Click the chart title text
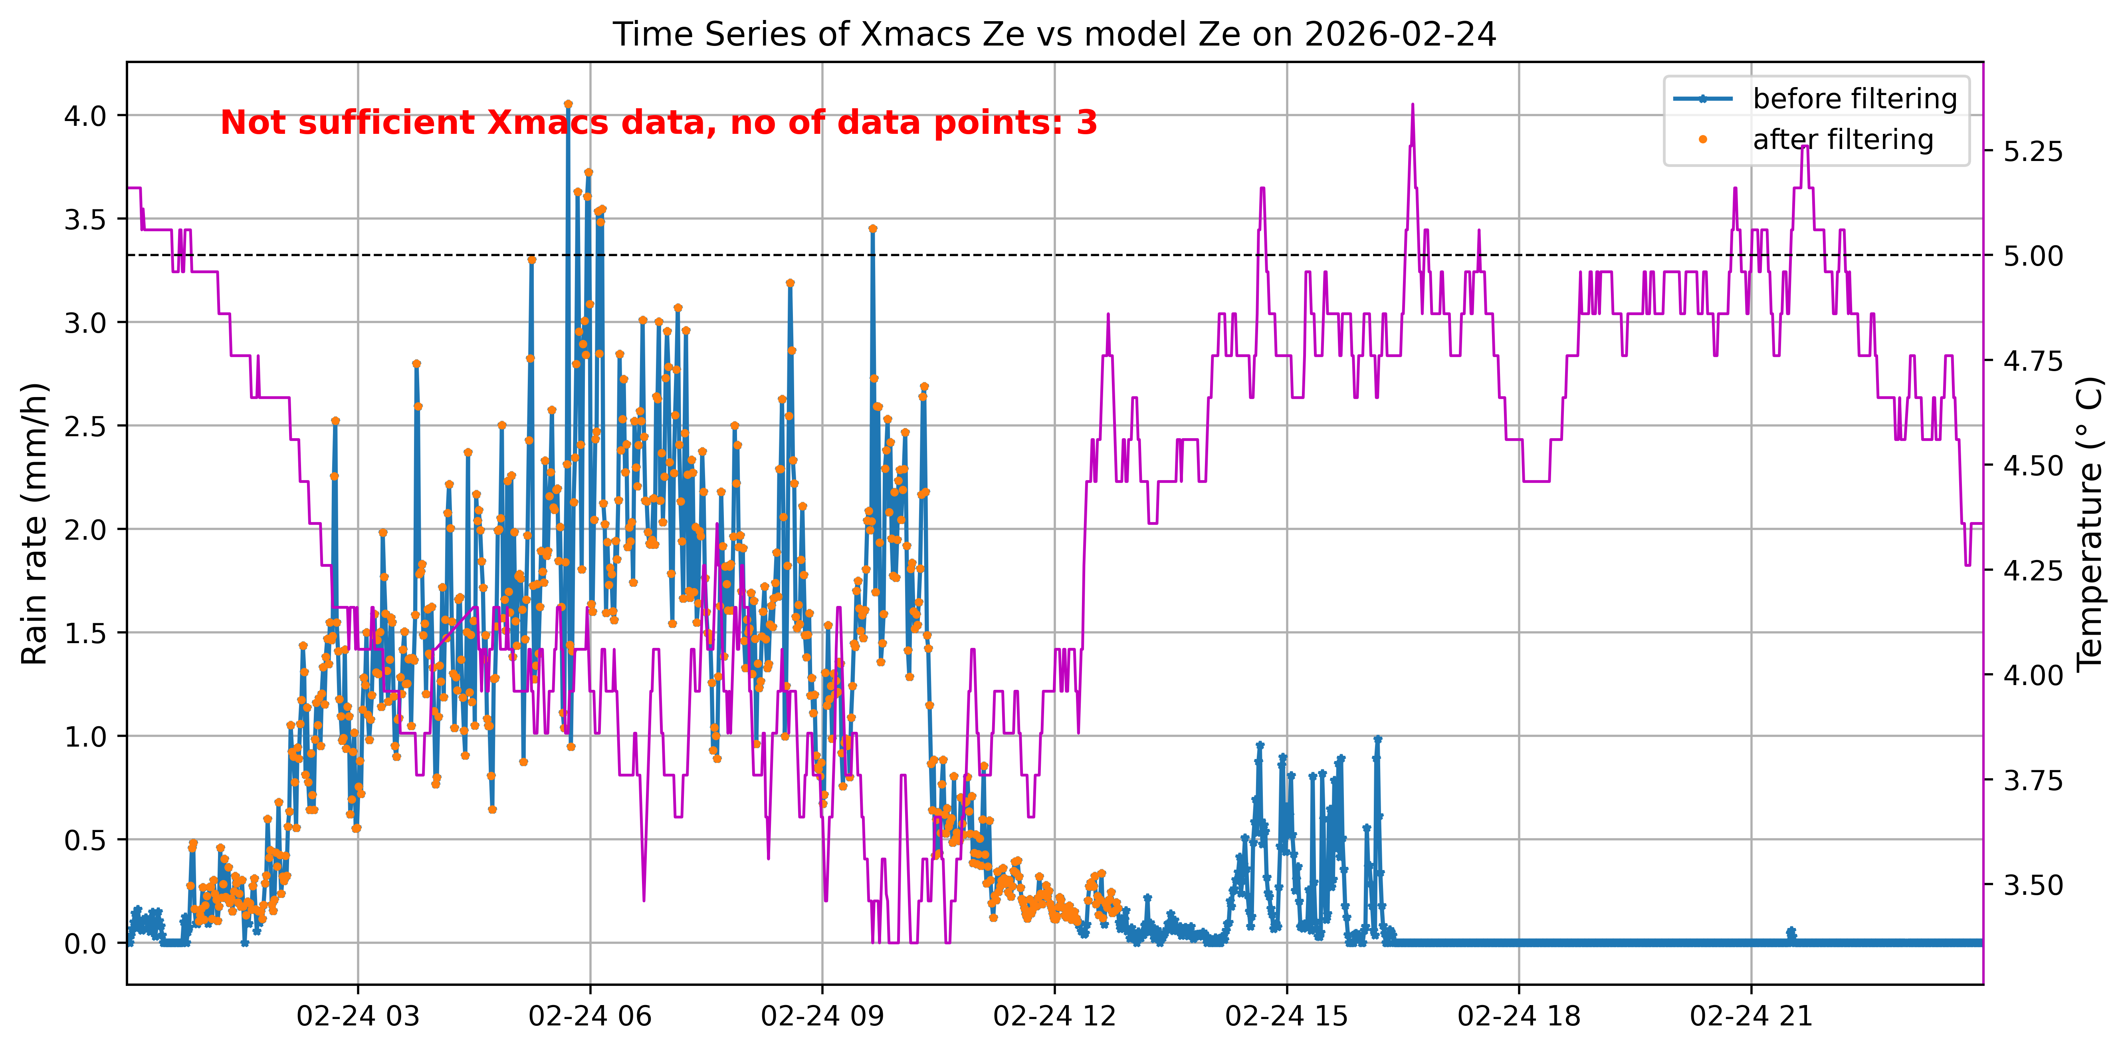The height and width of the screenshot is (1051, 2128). click(1054, 35)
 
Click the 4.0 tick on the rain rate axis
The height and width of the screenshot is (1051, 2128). click(86, 116)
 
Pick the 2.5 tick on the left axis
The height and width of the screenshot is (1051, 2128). click(86, 426)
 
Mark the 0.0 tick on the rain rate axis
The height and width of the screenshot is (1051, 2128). click(86, 944)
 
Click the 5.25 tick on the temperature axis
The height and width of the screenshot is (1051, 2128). click(2033, 152)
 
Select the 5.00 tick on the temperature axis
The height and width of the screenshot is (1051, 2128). click(2033, 256)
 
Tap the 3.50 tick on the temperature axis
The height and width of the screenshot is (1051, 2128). click(2033, 885)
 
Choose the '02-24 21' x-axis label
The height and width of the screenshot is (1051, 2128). click(1751, 1015)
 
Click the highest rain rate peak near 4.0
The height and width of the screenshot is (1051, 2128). click(567, 104)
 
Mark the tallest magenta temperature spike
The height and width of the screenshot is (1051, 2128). click(1413, 105)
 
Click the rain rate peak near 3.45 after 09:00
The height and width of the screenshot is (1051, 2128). click(872, 229)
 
